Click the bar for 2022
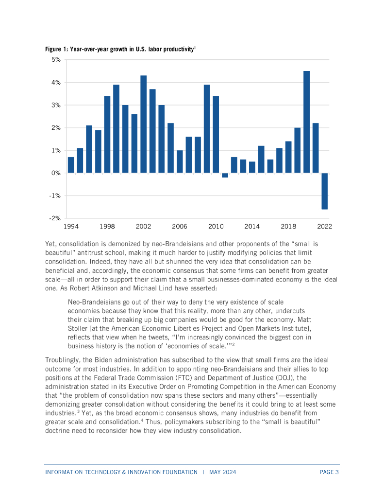coord(324,191)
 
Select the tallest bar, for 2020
coord(306,122)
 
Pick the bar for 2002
coord(143,124)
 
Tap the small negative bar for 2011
coord(225,175)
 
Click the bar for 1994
coord(71,165)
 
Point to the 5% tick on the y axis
coord(55,60)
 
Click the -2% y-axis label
coord(54,218)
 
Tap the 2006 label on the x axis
coord(180,227)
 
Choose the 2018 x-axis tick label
coord(288,227)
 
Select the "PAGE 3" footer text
coord(329,472)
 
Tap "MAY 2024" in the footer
coord(223,472)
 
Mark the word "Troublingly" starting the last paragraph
coord(65,360)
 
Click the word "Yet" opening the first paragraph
coord(51,243)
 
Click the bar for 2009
coord(207,129)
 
